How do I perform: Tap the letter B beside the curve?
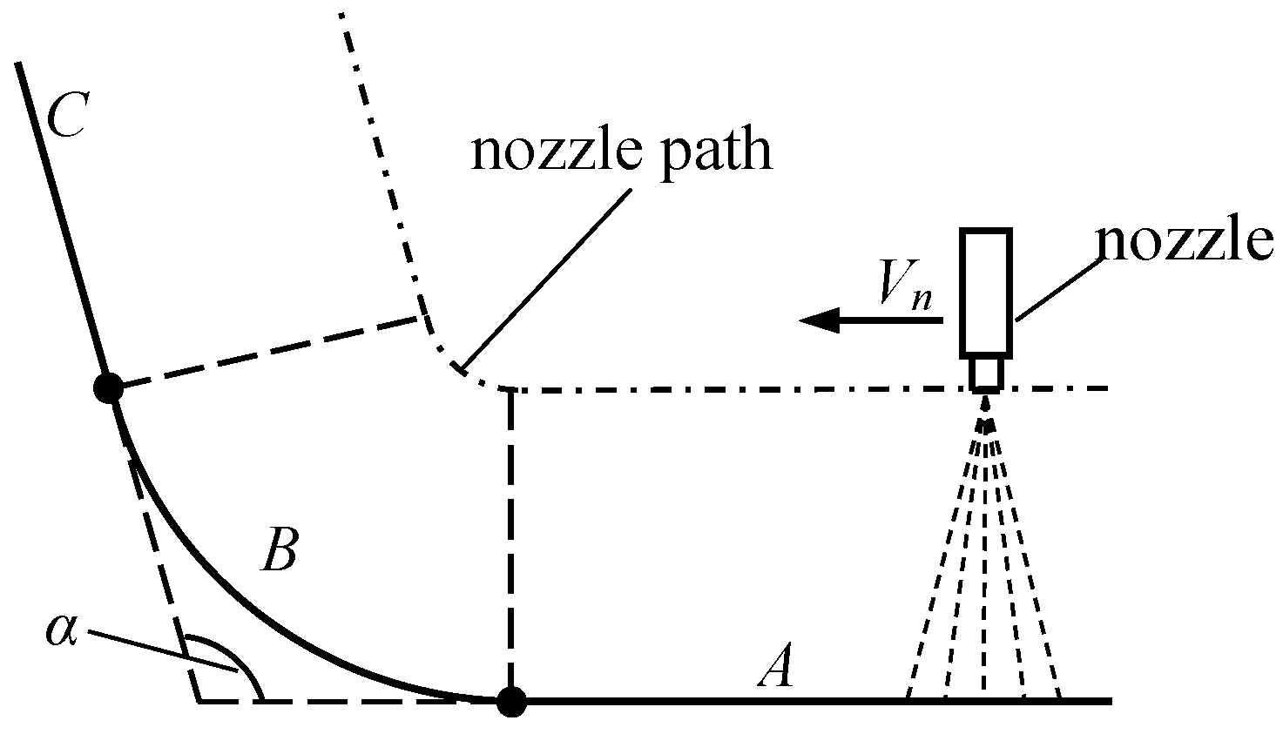click(280, 549)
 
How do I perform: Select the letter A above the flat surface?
click(776, 669)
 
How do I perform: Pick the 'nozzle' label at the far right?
click(1184, 243)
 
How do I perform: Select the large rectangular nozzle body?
click(986, 293)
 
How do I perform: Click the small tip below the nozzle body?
click(986, 373)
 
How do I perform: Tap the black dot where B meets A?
click(511, 700)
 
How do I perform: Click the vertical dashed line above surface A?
click(511, 540)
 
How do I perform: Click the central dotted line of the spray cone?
click(985, 557)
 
